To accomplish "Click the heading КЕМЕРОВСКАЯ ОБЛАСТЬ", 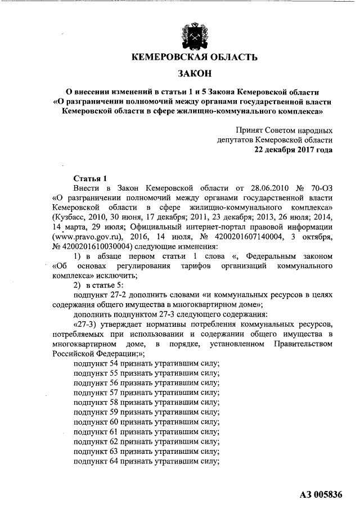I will [x=194, y=57].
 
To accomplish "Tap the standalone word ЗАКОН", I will [x=194, y=73].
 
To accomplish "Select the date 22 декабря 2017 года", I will [x=293, y=150].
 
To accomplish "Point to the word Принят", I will [x=249, y=129].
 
